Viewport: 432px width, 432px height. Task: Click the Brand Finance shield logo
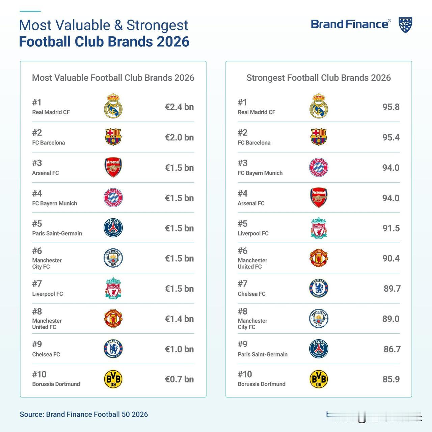(x=405, y=25)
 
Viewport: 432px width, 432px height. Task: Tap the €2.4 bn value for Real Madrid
(x=179, y=107)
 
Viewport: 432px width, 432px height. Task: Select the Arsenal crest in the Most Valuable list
(x=113, y=167)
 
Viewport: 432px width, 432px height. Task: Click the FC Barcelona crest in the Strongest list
(x=319, y=137)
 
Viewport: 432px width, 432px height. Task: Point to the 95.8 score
(x=391, y=107)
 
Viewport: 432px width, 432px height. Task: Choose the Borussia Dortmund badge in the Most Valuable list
(x=113, y=379)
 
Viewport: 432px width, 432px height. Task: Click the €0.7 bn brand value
(x=179, y=379)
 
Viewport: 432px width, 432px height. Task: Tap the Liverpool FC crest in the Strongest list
(x=319, y=228)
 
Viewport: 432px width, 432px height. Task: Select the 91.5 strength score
(x=391, y=228)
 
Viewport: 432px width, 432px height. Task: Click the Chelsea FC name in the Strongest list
(x=251, y=294)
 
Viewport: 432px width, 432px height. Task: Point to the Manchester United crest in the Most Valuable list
(x=113, y=319)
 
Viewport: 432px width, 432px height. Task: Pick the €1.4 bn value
(x=179, y=319)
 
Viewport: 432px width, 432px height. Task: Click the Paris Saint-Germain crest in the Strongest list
(x=319, y=349)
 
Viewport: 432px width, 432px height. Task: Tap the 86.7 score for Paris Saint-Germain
(x=392, y=349)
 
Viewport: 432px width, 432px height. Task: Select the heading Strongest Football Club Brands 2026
(x=319, y=78)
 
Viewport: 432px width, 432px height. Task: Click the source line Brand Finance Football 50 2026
(x=84, y=414)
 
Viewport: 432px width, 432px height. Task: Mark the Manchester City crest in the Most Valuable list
(x=113, y=258)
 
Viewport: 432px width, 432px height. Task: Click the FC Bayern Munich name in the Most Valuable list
(x=55, y=203)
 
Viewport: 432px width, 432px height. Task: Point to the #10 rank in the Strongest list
(x=245, y=374)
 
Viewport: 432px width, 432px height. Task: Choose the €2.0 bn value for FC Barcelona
(x=179, y=137)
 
